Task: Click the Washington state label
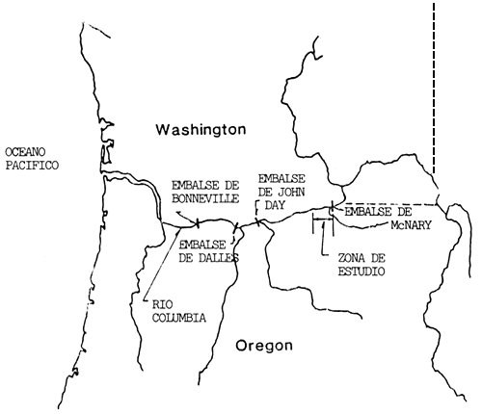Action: (202, 129)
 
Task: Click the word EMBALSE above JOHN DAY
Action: (281, 177)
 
